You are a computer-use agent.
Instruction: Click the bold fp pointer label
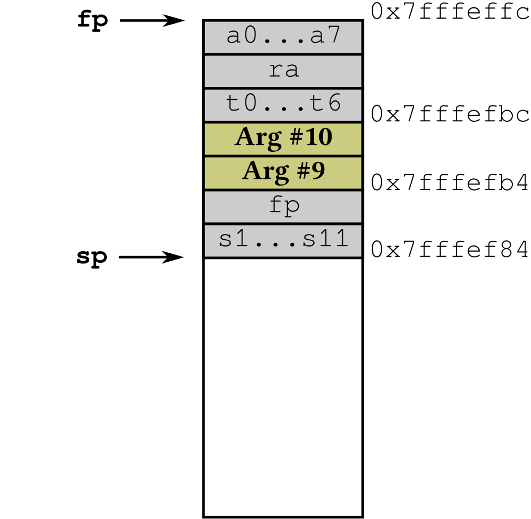92,20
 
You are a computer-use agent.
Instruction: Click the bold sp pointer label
92,257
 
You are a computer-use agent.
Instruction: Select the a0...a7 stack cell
283,37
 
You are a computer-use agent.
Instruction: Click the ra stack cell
283,71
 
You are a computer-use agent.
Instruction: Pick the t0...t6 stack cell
283,105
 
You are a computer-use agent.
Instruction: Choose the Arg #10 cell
283,139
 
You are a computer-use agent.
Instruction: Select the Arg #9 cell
283,173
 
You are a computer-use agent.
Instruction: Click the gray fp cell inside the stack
283,206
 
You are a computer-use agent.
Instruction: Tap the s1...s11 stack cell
283,241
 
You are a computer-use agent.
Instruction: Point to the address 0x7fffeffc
450,12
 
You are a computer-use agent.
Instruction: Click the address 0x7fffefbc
450,115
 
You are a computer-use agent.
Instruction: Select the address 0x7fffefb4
450,182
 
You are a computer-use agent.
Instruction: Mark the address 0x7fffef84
450,249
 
